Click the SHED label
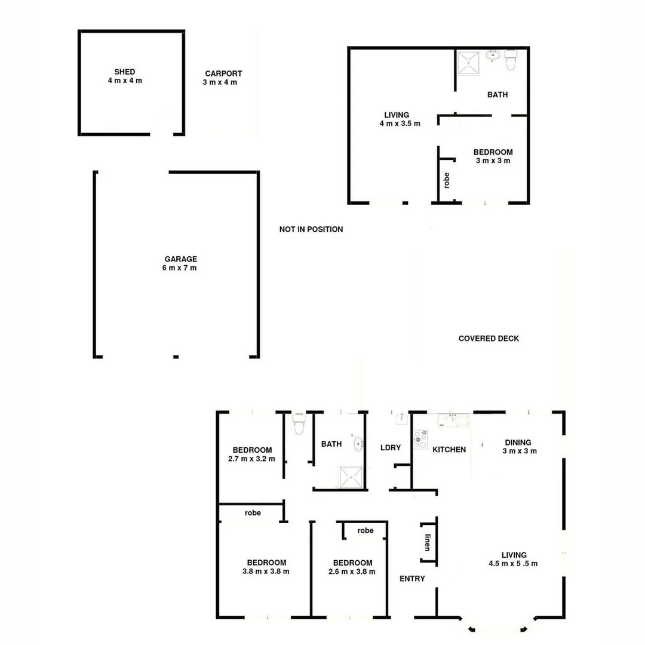coord(125,72)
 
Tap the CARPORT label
coord(223,73)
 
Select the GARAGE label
coord(180,259)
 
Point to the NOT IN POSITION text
coord(311,229)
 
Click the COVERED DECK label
coord(489,339)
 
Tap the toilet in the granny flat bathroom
coord(510,60)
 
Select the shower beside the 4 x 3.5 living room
coord(469,61)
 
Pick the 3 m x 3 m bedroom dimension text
coord(493,161)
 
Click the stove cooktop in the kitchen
coord(421,440)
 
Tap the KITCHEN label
coord(449,449)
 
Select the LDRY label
coord(390,447)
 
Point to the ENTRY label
coord(412,578)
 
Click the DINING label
coord(518,443)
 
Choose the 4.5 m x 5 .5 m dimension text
coord(513,563)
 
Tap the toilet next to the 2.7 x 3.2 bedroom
coord(299,425)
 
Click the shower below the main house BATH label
coord(351,477)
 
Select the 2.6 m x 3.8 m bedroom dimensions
coord(352,571)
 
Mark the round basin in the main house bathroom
coord(358,443)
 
